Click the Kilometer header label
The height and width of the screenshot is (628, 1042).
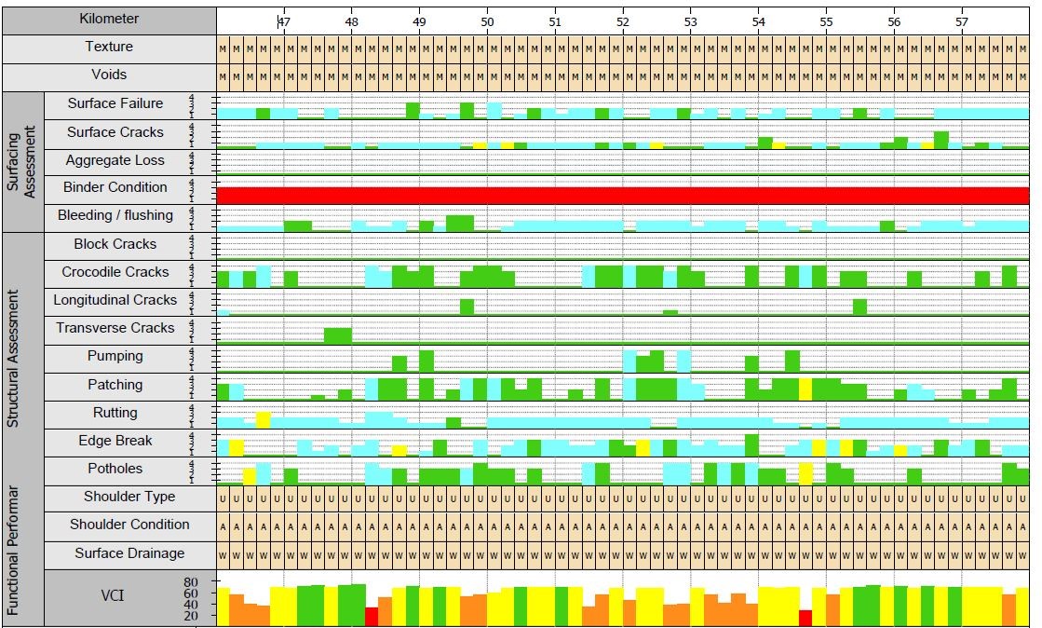pos(109,19)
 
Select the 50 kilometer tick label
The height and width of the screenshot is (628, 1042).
pos(487,20)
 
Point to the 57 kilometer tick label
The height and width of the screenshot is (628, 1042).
pos(962,20)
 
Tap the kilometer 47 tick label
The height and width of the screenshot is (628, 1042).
pos(283,20)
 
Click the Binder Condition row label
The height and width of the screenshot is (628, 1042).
pos(115,187)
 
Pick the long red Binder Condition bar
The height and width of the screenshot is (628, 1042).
pos(622,196)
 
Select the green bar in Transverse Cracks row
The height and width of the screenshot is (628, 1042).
pos(337,335)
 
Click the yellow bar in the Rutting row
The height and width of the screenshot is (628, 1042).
pos(264,419)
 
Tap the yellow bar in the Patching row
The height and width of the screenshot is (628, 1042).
pos(805,389)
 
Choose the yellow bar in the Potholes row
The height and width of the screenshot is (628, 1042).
pos(250,476)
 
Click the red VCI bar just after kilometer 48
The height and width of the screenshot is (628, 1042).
pos(372,616)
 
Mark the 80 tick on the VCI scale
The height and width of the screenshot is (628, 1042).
pos(191,582)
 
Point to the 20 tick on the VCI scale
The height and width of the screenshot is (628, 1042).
pos(191,616)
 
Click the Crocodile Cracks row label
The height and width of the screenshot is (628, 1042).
pos(115,272)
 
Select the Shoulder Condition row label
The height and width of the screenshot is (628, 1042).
pos(129,525)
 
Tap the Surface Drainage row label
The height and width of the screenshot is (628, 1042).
pos(129,553)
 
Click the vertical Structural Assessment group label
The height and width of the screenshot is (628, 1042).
pos(13,359)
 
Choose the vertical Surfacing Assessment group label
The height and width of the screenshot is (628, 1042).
pos(20,162)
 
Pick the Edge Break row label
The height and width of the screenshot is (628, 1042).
pos(115,441)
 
